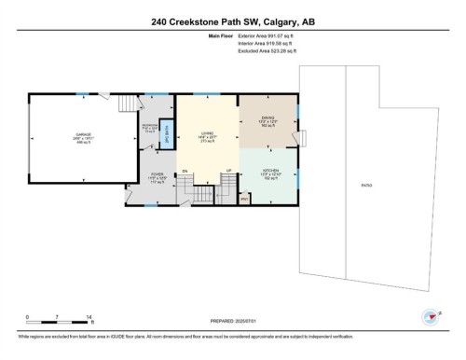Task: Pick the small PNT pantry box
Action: tap(244, 199)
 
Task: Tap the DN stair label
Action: tap(185, 171)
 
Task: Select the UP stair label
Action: tap(227, 171)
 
